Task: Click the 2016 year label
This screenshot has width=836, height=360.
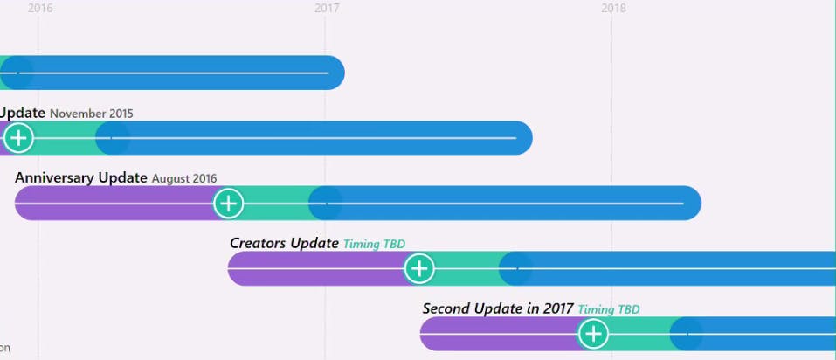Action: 40,8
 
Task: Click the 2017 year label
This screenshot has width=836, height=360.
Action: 327,8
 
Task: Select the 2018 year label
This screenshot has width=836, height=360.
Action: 613,8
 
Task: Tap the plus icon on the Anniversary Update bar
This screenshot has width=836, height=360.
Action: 228,204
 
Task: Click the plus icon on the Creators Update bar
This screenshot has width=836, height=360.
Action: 419,268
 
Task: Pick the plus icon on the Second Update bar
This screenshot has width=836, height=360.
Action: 593,334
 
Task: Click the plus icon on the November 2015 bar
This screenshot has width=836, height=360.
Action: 18,138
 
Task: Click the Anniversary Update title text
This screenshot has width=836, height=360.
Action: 81,178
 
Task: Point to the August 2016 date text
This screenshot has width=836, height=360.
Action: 184,179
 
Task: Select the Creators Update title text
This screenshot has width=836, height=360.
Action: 284,243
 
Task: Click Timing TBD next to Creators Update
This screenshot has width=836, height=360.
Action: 374,245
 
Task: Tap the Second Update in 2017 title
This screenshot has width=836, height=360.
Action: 498,308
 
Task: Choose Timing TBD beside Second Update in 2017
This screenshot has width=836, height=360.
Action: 609,309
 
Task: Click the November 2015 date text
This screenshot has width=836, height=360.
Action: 92,114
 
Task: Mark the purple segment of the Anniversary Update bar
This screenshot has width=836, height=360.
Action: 114,204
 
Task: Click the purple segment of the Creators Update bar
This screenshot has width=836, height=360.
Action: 314,268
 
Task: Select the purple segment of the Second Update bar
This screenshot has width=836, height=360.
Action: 498,334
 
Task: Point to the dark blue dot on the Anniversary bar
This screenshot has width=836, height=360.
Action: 326,204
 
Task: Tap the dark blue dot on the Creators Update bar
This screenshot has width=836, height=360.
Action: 516,268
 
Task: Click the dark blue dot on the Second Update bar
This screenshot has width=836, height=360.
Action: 687,334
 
